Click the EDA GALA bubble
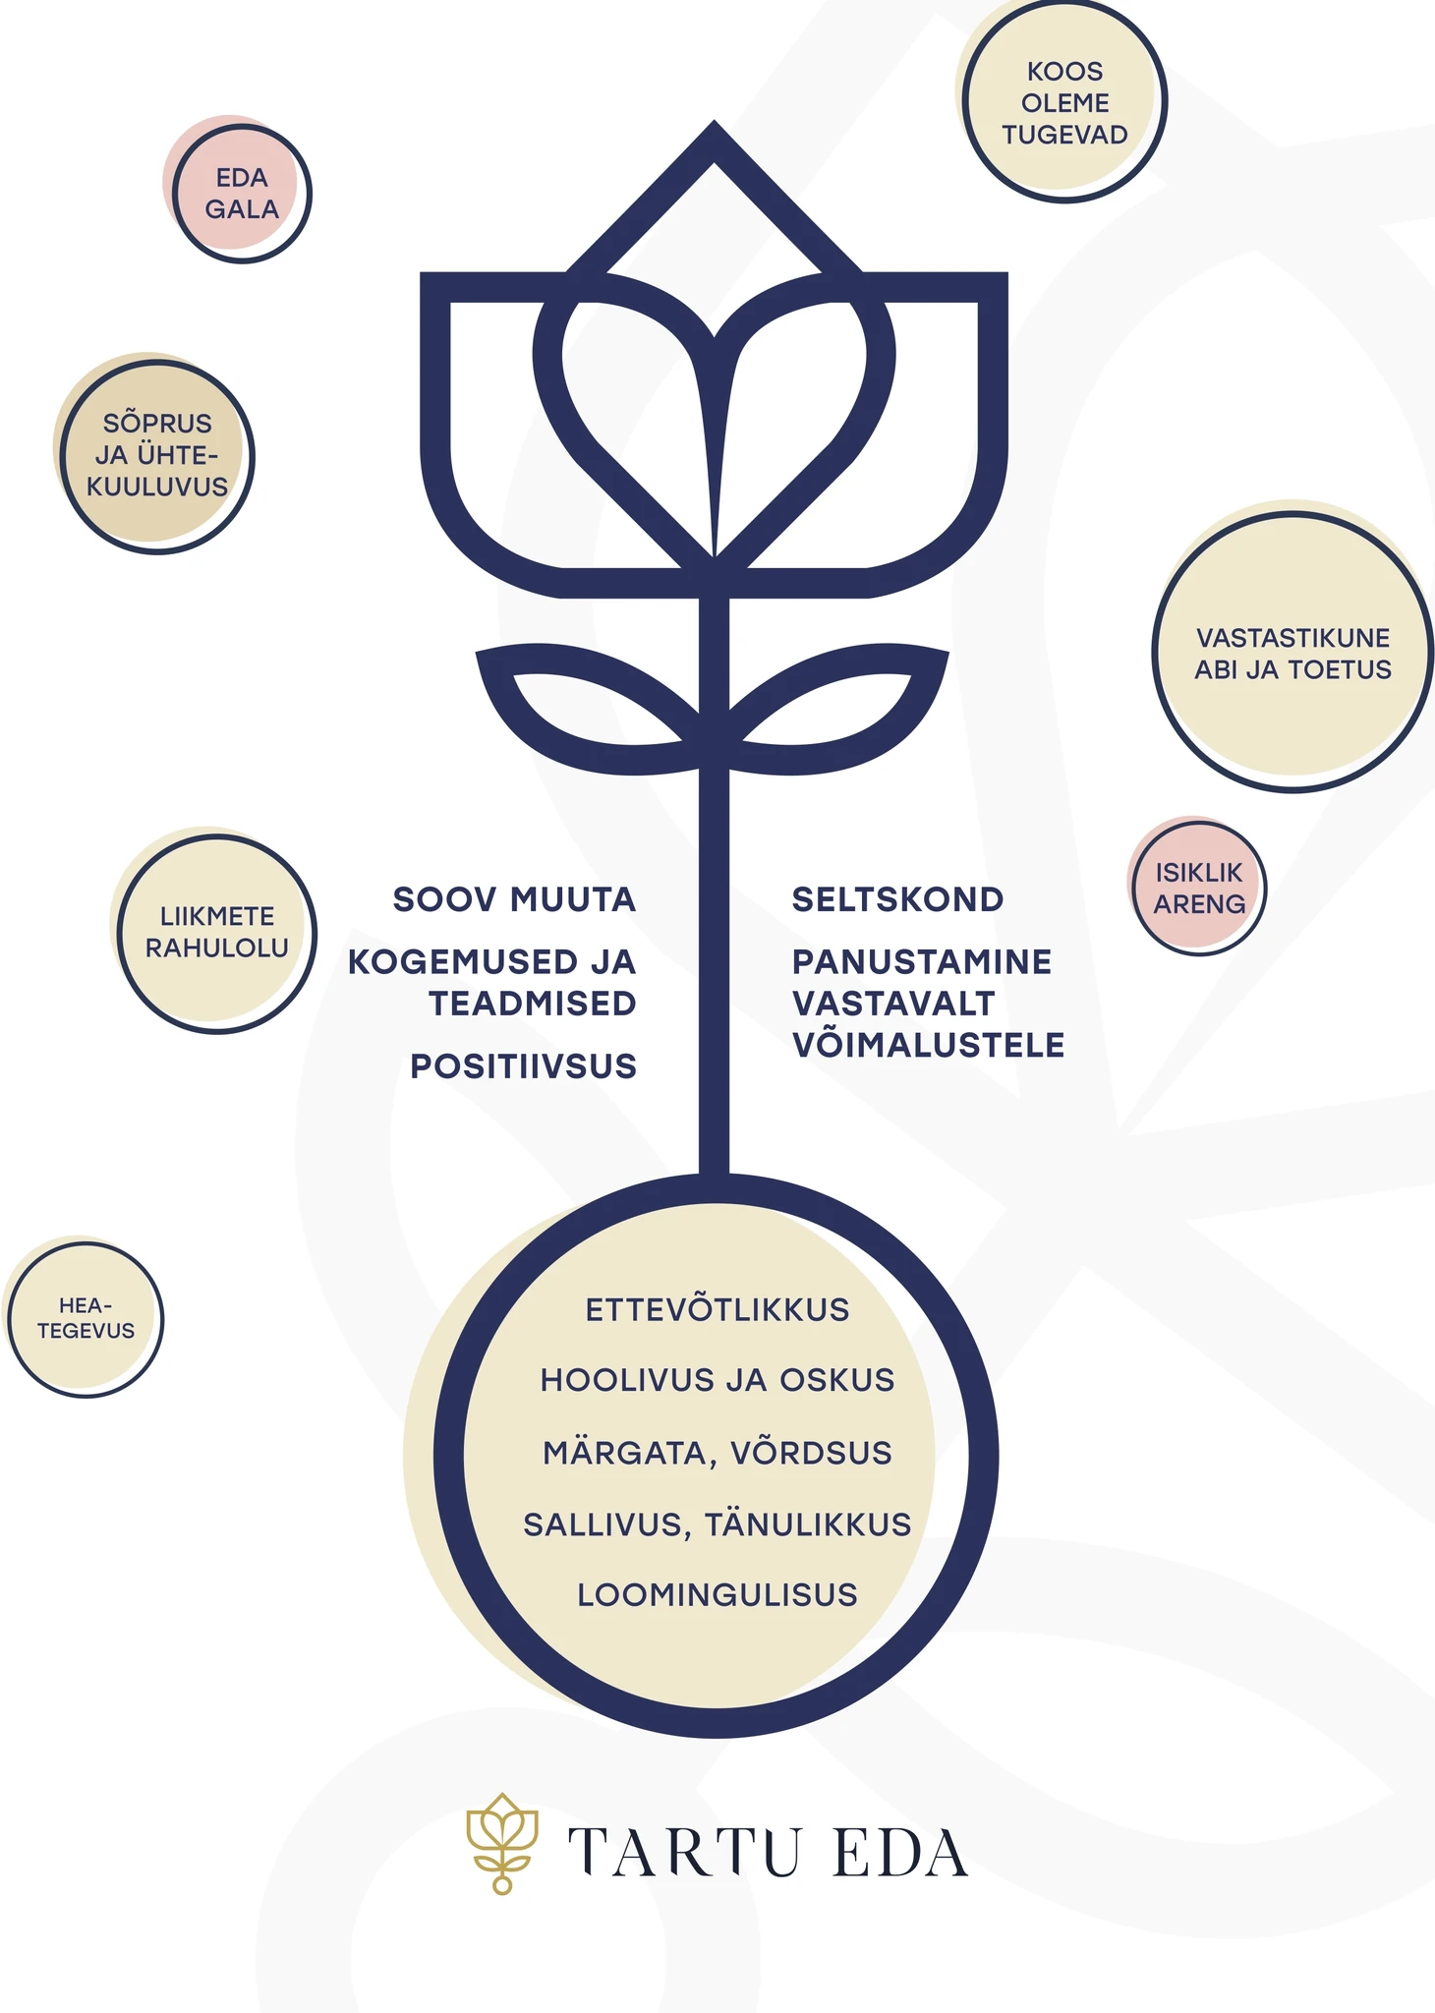coord(241,193)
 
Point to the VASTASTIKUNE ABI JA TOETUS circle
coord(1292,651)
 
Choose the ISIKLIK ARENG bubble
coord(1198,888)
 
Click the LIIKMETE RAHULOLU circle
coord(216,933)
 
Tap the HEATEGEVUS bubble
coord(86,1319)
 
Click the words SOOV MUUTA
coord(514,899)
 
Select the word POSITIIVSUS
coord(523,1066)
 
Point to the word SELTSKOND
coord(897,899)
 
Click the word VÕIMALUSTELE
coord(928,1044)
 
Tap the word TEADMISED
coord(533,1004)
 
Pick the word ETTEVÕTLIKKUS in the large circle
coord(717,1309)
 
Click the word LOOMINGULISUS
coord(717,1594)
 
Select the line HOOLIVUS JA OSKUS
coord(717,1380)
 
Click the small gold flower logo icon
coord(502,1843)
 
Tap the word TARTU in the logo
coord(685,1853)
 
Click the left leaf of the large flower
coord(590,709)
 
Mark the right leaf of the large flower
coord(837,709)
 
